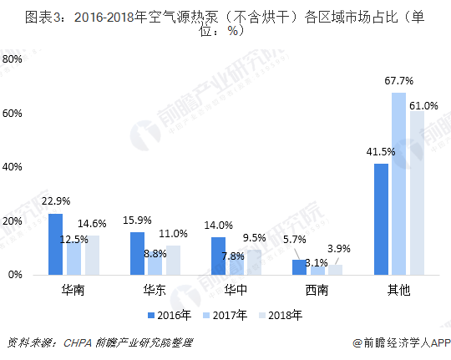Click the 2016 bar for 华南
(55, 244)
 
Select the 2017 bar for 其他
(398, 184)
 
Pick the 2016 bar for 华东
(137, 253)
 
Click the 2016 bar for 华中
(219, 256)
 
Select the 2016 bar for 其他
(382, 219)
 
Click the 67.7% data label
(399, 81)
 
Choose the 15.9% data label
(137, 221)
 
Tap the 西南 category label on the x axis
(317, 290)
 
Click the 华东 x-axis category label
(154, 290)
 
